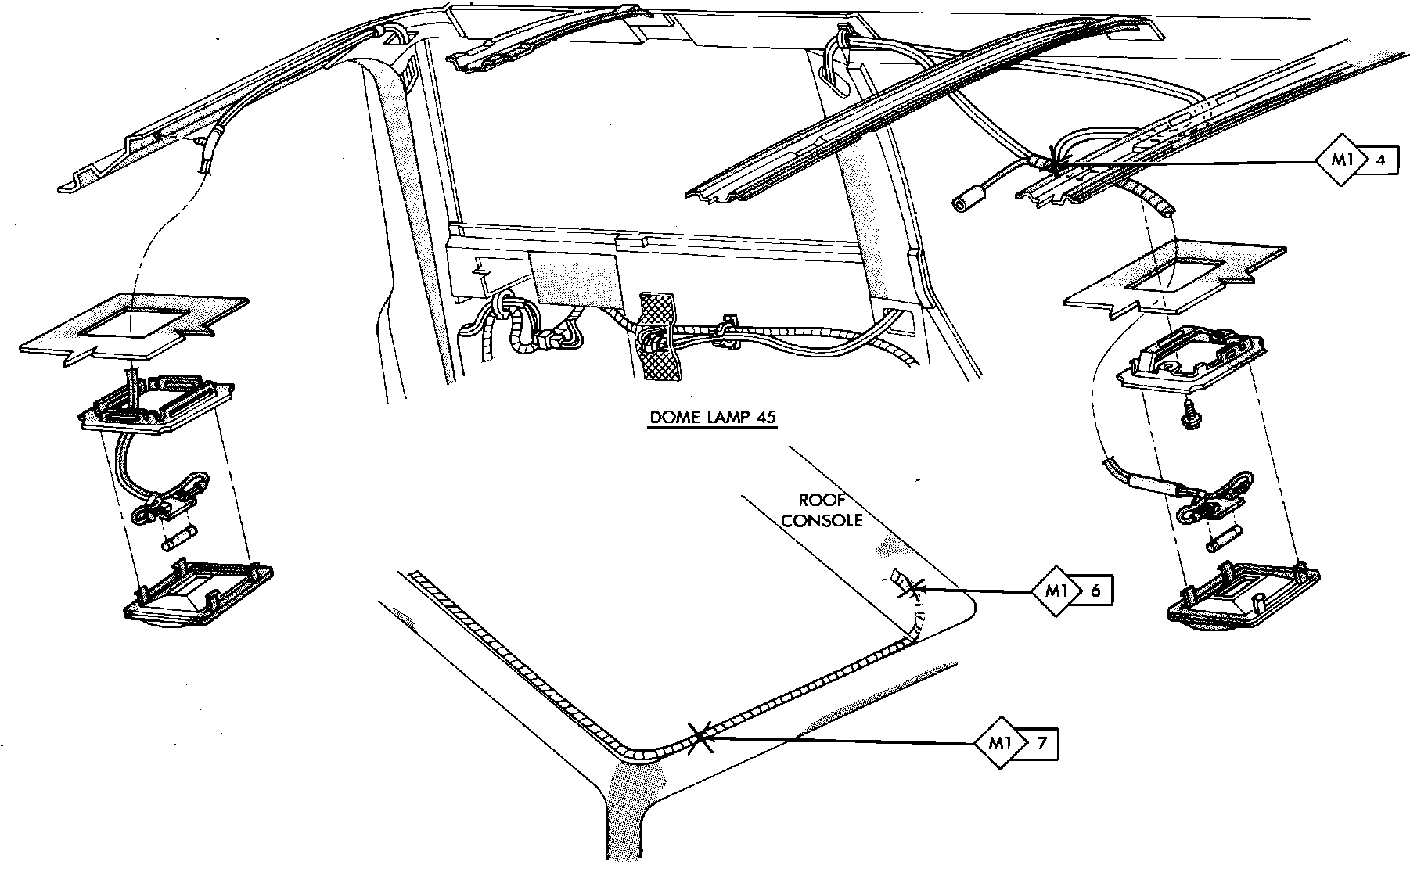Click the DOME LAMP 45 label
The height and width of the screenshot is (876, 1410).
coord(713,418)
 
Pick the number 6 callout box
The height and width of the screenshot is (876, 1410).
coord(1095,591)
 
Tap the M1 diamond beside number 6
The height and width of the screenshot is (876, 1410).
coord(1056,591)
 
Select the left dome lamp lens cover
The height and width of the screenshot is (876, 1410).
coord(199,592)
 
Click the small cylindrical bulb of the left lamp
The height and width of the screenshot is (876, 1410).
coord(178,538)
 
